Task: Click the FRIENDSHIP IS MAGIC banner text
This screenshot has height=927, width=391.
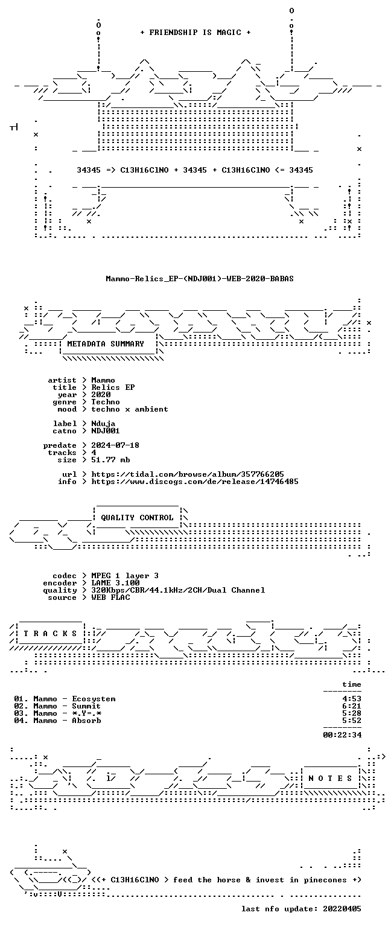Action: pos(195,32)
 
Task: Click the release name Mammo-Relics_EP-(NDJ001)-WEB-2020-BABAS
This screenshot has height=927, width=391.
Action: pos(200,278)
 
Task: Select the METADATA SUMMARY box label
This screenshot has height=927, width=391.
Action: pos(106,343)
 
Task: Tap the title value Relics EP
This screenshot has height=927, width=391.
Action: pos(113,387)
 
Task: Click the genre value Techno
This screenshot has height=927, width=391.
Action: pos(106,402)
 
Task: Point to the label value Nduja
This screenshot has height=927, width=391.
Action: pos(103,424)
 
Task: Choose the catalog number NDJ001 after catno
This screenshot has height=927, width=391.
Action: pos(106,431)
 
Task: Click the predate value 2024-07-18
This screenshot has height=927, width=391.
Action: pos(115,445)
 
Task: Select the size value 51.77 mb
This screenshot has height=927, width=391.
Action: pos(110,460)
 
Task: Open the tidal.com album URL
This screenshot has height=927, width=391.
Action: pos(188,474)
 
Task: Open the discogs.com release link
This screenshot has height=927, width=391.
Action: pos(195,482)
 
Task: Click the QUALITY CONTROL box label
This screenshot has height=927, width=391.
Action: pos(137,518)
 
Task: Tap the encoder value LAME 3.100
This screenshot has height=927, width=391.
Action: pos(115,583)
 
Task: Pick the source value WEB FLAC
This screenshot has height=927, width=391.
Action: pos(110,597)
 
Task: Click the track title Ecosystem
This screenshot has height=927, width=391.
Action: pos(94,699)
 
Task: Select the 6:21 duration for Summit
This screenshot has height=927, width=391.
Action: pos(352,706)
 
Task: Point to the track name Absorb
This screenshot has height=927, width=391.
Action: pos(86,721)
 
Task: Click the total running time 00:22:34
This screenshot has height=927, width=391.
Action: pos(342,735)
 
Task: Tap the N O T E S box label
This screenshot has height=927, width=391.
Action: pos(330,779)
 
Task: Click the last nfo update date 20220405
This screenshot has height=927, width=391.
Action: pos(342,909)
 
